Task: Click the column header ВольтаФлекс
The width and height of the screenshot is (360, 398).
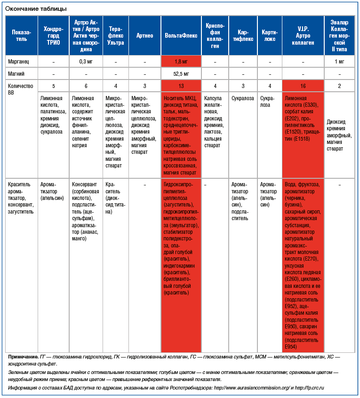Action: pyautogui.click(x=181, y=36)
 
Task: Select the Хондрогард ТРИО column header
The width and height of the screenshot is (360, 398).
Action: pyautogui.click(x=53, y=36)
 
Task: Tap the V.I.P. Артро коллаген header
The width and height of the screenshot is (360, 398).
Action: pyautogui.click(x=303, y=36)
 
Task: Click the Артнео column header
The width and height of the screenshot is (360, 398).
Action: pyautogui.click(x=144, y=36)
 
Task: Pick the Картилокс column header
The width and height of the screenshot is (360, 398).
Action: pyautogui.click(x=270, y=36)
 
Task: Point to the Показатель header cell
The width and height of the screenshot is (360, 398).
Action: pyautogui.click(x=22, y=36)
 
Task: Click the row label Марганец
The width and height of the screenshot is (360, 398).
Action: pyautogui.click(x=19, y=62)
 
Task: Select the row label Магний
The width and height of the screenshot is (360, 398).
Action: pyautogui.click(x=16, y=74)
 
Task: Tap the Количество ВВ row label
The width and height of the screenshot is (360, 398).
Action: pyautogui.click(x=21, y=89)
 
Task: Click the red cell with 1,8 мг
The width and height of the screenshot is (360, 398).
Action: pyautogui.click(x=181, y=62)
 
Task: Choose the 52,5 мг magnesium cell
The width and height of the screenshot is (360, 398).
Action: pyautogui.click(x=181, y=74)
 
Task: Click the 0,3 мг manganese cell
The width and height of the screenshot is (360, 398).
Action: pyautogui.click(x=86, y=62)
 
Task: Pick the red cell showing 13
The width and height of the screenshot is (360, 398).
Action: pyautogui.click(x=181, y=86)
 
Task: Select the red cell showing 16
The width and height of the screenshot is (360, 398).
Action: pyautogui.click(x=303, y=86)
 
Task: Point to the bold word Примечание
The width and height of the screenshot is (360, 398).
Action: pyautogui.click(x=23, y=357)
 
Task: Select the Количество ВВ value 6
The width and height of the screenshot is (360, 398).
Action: pyautogui.click(x=86, y=86)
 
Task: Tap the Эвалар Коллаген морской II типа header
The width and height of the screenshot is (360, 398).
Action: pyautogui.click(x=339, y=36)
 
